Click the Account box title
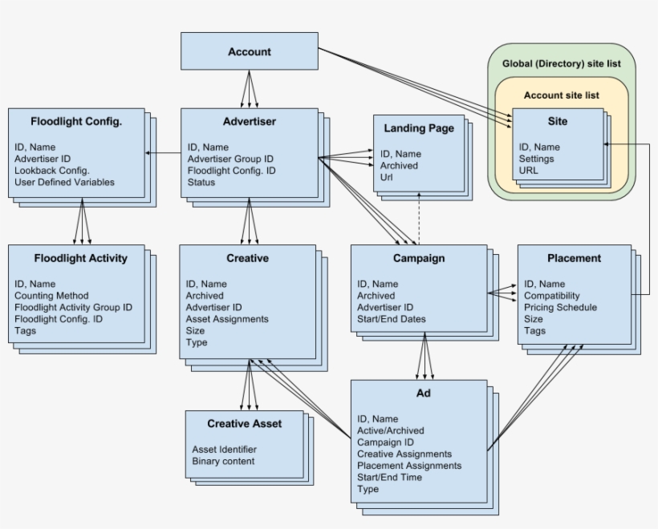(249, 52)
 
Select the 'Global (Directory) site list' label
(561, 63)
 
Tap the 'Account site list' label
(561, 95)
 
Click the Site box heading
(558, 122)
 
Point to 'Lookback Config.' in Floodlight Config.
(51, 171)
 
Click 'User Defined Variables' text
(64, 182)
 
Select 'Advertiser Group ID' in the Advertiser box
(230, 159)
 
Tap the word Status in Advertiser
(201, 182)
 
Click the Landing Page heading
(418, 128)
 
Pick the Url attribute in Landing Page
(387, 177)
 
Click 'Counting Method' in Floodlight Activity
(51, 296)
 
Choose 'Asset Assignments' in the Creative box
(227, 319)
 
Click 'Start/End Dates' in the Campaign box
(392, 319)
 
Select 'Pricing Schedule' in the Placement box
(560, 307)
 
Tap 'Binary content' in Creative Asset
(223, 461)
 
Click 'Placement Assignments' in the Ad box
(409, 466)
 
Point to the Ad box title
(423, 394)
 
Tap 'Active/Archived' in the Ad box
(390, 430)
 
